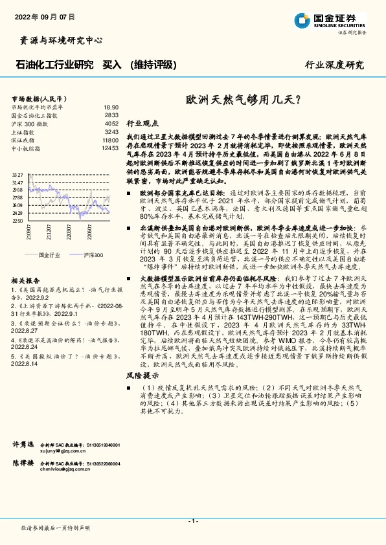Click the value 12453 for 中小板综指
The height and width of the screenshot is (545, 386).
click(109, 148)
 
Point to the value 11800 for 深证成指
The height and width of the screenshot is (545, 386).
click(109, 140)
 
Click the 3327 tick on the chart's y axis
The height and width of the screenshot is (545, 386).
click(18, 175)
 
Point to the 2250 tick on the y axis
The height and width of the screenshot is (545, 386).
click(18, 221)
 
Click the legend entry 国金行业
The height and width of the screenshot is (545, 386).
click(47, 255)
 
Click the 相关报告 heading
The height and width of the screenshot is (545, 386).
click(27, 281)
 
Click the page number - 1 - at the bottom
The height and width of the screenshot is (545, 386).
click(192, 520)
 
